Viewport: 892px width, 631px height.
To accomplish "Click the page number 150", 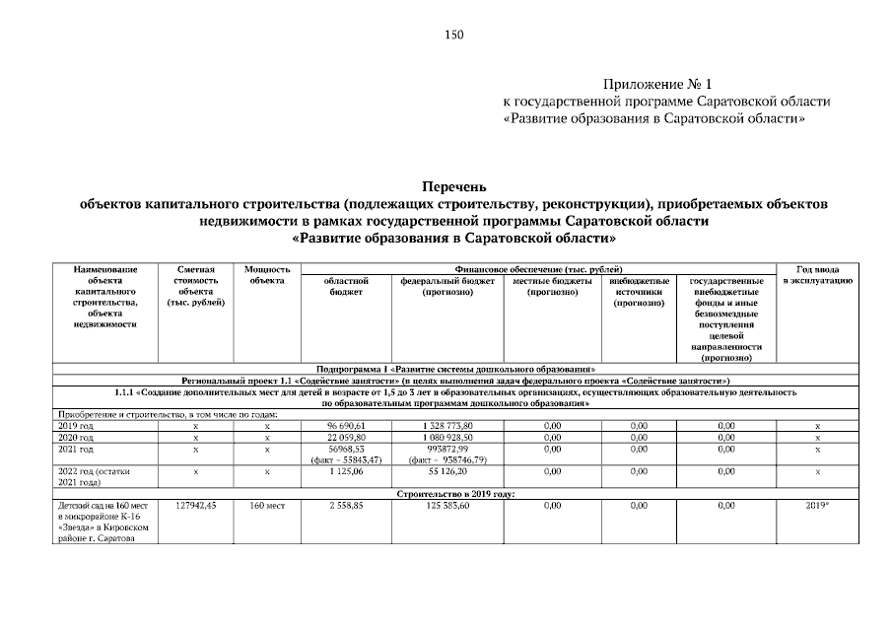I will pyautogui.click(x=453, y=35).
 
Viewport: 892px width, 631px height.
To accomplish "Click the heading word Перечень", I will pyautogui.click(x=453, y=186).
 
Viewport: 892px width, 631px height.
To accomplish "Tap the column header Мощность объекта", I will pyautogui.click(x=266, y=275).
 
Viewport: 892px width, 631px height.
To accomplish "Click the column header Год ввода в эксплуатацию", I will pyautogui.click(x=816, y=275).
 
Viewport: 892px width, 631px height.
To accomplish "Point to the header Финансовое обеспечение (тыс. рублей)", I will pyautogui.click(x=537, y=268).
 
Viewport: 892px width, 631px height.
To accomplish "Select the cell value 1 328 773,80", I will pyautogui.click(x=448, y=425).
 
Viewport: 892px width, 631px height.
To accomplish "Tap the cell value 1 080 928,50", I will pyautogui.click(x=448, y=437).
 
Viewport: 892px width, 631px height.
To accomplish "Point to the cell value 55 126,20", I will pyautogui.click(x=448, y=472).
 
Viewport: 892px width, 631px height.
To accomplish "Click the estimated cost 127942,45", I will pyautogui.click(x=195, y=505).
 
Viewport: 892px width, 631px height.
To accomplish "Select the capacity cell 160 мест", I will pyautogui.click(x=266, y=505).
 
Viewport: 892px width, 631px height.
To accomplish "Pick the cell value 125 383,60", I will pyautogui.click(x=448, y=505).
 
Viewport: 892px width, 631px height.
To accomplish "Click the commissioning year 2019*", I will pyautogui.click(x=816, y=505).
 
